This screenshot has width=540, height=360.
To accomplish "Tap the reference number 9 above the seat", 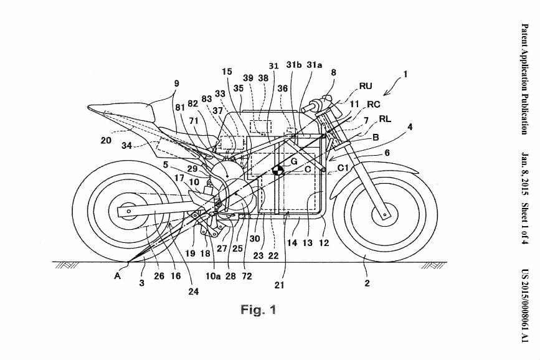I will click(177, 82).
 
